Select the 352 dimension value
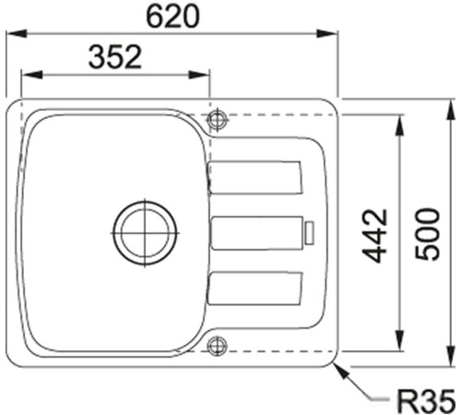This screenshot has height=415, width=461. (x=115, y=57)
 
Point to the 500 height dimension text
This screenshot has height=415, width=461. (x=426, y=235)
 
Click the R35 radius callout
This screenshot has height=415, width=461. (x=424, y=401)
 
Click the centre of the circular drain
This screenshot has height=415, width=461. (x=145, y=230)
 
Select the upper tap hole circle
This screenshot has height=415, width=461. (x=218, y=119)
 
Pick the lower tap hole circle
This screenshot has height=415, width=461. (x=218, y=347)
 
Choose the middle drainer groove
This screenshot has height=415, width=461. (x=257, y=232)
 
